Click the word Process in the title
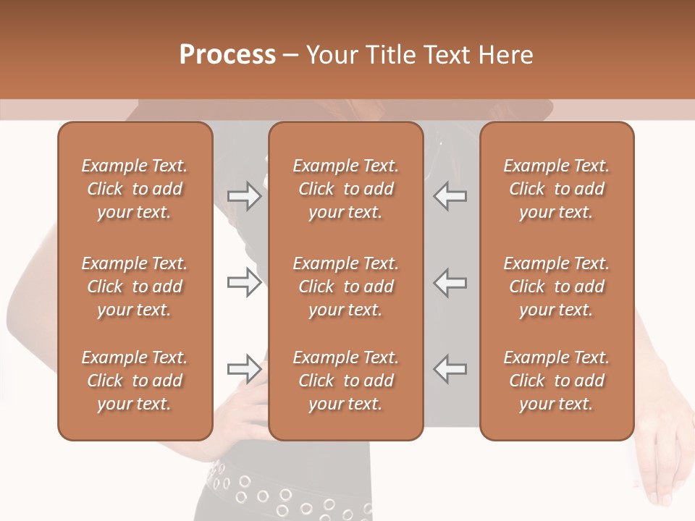(x=227, y=55)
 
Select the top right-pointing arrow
(x=244, y=196)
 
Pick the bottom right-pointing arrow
(x=244, y=369)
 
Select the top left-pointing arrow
(x=450, y=196)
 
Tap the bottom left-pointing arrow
(x=450, y=369)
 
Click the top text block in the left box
(x=135, y=189)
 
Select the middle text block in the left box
(x=135, y=287)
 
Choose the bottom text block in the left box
(x=135, y=381)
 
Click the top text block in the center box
(x=345, y=189)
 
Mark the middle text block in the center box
(x=345, y=287)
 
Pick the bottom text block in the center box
(x=345, y=381)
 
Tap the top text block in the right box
(x=556, y=189)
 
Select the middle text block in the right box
(x=556, y=287)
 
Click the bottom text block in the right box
(x=556, y=381)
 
